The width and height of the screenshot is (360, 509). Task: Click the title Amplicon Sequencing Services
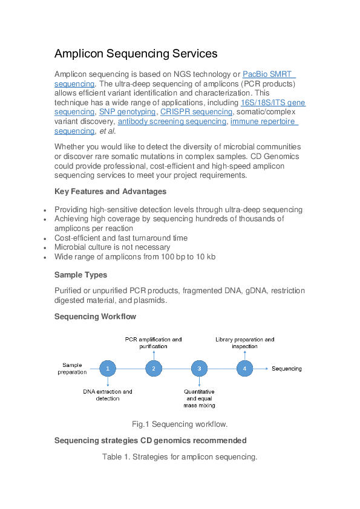tap(136, 54)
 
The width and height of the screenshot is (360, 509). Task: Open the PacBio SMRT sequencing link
tap(267, 74)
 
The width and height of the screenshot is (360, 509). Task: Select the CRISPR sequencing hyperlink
tap(196, 112)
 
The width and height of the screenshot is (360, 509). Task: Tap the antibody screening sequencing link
tap(172, 122)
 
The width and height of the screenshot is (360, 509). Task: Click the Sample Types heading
tap(80, 275)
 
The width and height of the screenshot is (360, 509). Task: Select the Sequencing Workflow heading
tap(95, 316)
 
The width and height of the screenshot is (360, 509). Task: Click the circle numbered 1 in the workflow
tap(108, 368)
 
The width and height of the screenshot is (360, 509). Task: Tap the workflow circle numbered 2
tap(154, 368)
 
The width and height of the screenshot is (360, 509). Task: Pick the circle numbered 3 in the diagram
tap(199, 368)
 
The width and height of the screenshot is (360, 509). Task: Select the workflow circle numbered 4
tap(244, 368)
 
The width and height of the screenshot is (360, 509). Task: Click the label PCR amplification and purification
tap(153, 343)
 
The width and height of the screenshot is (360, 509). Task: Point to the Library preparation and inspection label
tap(244, 343)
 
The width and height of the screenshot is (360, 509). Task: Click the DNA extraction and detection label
tap(108, 395)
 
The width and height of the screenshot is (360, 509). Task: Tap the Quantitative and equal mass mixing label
tap(199, 398)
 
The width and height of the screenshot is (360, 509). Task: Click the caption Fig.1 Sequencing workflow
tap(180, 424)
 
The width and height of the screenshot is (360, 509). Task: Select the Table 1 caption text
tap(180, 457)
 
